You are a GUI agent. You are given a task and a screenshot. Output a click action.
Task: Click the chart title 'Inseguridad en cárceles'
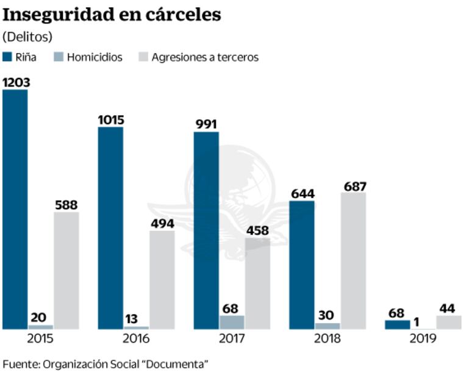pyautogui.click(x=112, y=15)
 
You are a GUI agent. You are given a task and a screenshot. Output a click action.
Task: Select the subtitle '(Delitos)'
pyautogui.click(x=27, y=36)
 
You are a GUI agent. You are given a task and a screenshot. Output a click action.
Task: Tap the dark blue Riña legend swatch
pyautogui.click(x=8, y=57)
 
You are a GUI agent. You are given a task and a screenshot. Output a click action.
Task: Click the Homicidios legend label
pyautogui.click(x=95, y=57)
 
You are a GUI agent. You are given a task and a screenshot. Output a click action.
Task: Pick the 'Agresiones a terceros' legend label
pyautogui.click(x=205, y=57)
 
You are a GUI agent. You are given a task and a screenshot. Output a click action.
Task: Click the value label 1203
pyautogui.click(x=16, y=82)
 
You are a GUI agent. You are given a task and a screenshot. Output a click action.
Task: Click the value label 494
pyautogui.click(x=162, y=223)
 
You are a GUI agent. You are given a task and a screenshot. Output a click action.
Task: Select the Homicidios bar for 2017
pyautogui.click(x=232, y=322)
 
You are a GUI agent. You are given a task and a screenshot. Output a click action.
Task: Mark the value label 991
pyautogui.click(x=207, y=124)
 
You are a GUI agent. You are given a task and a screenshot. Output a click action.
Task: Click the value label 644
pyautogui.click(x=302, y=193)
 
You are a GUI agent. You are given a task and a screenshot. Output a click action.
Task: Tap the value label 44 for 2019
pyautogui.click(x=448, y=307)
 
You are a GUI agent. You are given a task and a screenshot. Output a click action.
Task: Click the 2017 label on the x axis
pyautogui.click(x=232, y=338)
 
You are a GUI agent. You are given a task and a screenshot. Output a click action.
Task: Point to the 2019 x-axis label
pyautogui.click(x=423, y=338)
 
